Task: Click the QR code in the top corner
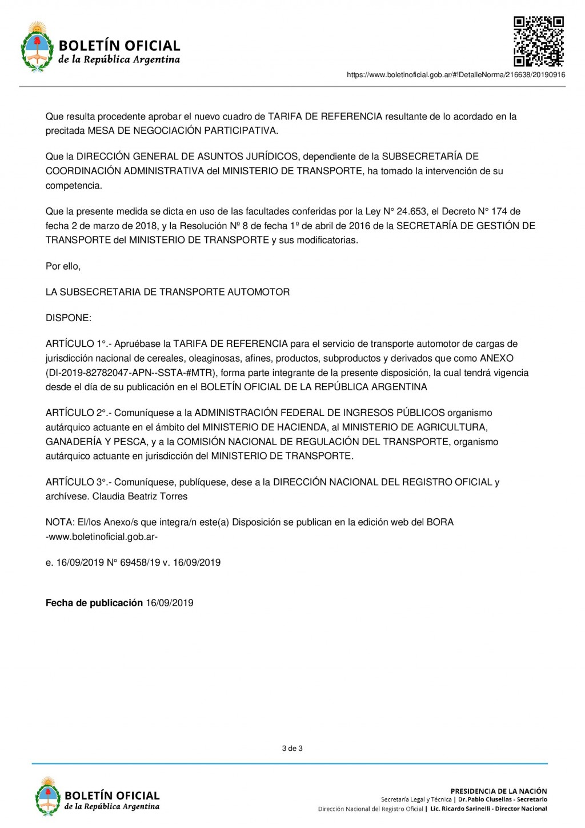pyautogui.click(x=538, y=41)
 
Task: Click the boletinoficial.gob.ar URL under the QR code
pyautogui.click(x=456, y=75)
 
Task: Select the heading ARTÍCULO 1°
pyautogui.click(x=78, y=344)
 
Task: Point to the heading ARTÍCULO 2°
pyautogui.click(x=78, y=413)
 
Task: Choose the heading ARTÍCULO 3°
pyautogui.click(x=78, y=482)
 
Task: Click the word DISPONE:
pyautogui.click(x=69, y=318)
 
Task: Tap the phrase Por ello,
pyautogui.click(x=63, y=266)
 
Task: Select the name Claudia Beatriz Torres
pyautogui.click(x=140, y=497)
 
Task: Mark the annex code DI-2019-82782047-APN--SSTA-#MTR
pyautogui.click(x=131, y=373)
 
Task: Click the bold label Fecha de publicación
pyautogui.click(x=94, y=603)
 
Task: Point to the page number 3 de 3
pyautogui.click(x=292, y=749)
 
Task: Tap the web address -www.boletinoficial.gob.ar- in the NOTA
pyautogui.click(x=102, y=537)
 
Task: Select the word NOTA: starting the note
pyautogui.click(x=60, y=522)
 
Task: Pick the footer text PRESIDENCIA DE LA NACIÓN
pyautogui.click(x=499, y=791)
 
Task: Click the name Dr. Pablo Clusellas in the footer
pyautogui.click(x=485, y=799)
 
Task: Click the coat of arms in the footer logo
pyautogui.click(x=48, y=797)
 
